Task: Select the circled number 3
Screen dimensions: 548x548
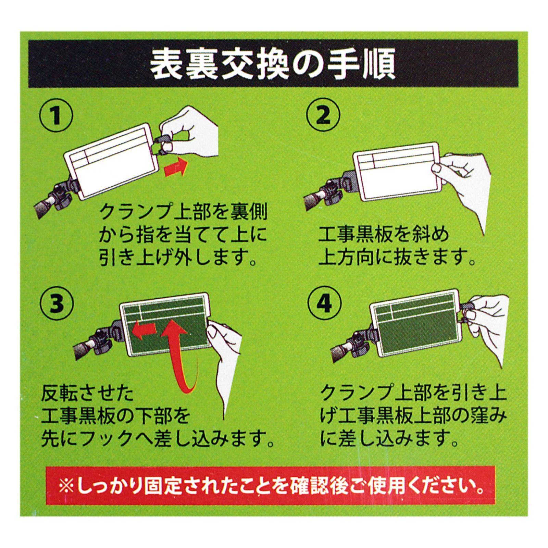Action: point(57,304)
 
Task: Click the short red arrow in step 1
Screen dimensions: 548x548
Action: point(176,167)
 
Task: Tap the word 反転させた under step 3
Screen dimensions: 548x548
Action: point(87,394)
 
